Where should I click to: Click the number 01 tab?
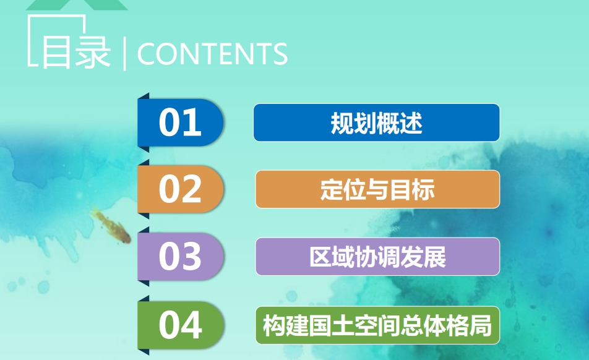[x=181, y=122]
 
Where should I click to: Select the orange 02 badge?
[x=181, y=189]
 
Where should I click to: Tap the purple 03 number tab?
[x=181, y=256]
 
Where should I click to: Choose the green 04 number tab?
[x=181, y=325]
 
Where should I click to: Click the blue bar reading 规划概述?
[x=376, y=122]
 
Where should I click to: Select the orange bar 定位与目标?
[x=377, y=189]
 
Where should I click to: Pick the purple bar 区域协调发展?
[x=377, y=257]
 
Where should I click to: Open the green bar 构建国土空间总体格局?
[x=377, y=325]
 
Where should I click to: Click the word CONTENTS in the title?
[x=212, y=54]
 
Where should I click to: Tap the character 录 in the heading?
[x=93, y=52]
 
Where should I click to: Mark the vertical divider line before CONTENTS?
[x=124, y=53]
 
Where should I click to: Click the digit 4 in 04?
[x=192, y=325]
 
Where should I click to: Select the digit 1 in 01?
[x=192, y=122]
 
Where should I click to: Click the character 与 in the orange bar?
[x=377, y=189]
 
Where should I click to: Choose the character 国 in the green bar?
[x=319, y=325]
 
